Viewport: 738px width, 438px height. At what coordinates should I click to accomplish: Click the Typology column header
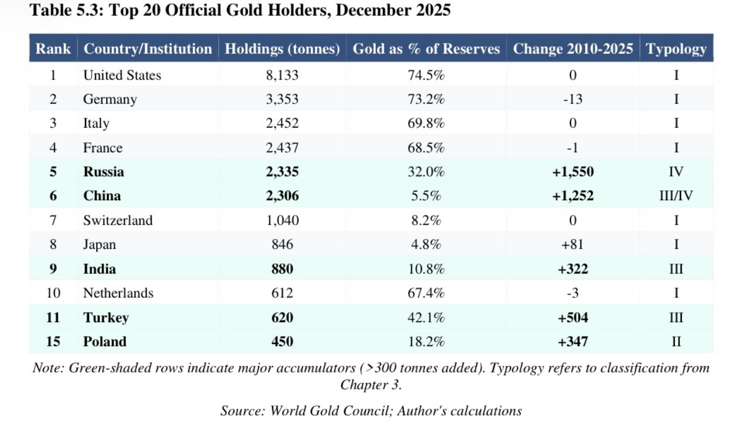point(676,49)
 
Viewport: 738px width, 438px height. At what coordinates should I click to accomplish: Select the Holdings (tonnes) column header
point(282,49)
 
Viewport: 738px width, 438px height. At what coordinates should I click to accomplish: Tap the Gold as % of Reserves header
point(426,49)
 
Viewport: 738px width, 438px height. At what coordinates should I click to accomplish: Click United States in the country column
point(122,75)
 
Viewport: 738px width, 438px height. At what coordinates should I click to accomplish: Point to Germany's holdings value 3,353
point(282,99)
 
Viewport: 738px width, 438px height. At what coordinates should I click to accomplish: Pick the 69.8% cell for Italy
point(426,124)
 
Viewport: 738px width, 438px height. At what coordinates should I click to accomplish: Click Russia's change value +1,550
point(573,172)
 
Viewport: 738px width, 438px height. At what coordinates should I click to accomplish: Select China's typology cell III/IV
point(676,196)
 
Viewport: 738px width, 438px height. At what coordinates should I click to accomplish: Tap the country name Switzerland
point(118,220)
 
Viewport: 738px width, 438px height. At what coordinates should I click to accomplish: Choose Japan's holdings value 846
point(282,245)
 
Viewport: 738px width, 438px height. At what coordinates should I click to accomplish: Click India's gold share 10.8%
point(426,269)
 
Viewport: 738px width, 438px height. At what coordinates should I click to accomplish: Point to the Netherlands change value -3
point(573,293)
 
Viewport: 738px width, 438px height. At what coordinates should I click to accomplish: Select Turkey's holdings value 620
point(282,317)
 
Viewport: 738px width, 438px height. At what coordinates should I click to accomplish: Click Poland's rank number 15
point(53,341)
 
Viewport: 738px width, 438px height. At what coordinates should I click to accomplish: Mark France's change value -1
point(573,148)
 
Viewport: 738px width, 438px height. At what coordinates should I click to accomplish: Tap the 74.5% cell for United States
point(426,75)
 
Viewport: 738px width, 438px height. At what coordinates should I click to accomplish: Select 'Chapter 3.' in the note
point(371,385)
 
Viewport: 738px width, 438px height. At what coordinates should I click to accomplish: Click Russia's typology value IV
point(676,172)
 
